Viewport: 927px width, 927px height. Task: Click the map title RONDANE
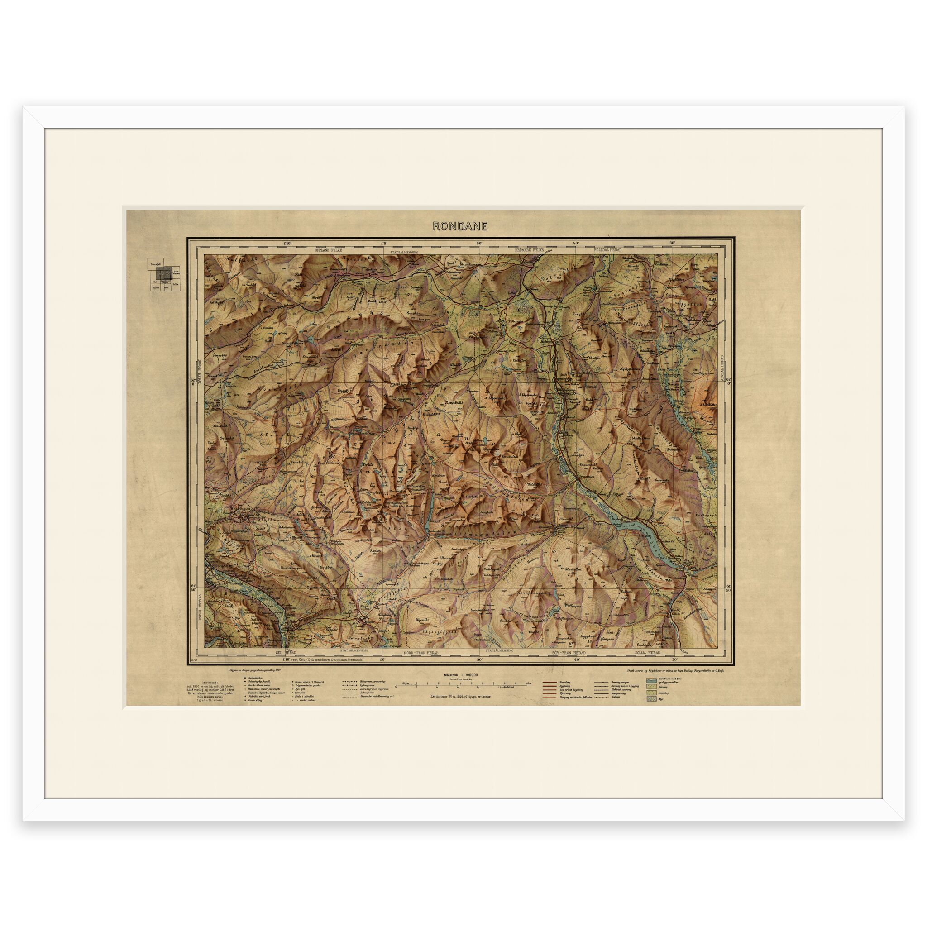click(x=460, y=226)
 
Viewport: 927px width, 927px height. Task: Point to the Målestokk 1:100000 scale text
click(x=460, y=674)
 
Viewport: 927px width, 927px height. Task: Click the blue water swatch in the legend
click(x=651, y=681)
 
